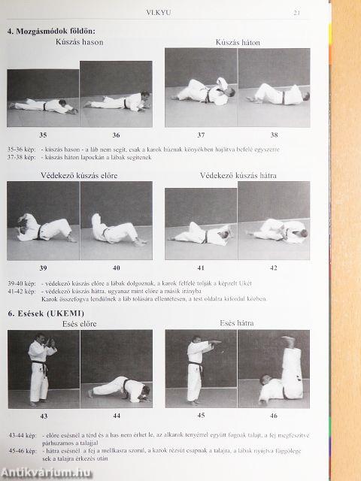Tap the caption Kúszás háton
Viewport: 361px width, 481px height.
238,43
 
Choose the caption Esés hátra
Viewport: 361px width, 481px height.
237,323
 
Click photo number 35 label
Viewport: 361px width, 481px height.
43,135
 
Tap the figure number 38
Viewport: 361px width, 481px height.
275,135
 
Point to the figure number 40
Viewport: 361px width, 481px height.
117,268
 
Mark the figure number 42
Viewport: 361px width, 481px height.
274,268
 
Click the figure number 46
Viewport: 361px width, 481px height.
274,415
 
